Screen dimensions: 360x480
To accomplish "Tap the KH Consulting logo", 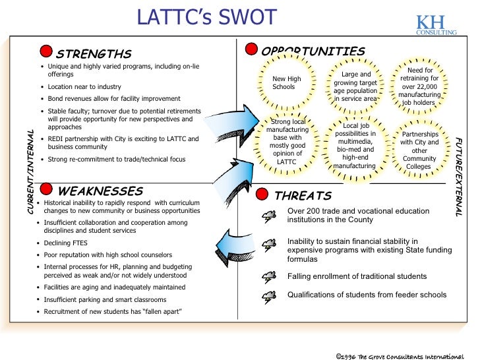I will pos(435,24).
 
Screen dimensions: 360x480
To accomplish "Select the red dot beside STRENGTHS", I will pos(46,52).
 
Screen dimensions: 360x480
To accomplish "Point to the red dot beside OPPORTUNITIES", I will pos(251,49).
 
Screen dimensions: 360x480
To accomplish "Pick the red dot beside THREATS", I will pos(262,195).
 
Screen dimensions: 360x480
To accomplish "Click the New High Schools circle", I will pos(287,83).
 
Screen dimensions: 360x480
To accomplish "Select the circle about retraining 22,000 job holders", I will pos(419,86).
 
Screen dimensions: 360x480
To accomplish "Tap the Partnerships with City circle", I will pos(419,150).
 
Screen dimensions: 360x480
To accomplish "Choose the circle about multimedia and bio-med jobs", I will pos(355,145).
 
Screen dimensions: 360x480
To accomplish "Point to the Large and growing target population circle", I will pos(355,86).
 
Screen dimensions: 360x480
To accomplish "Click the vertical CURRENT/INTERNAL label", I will pos(30,171).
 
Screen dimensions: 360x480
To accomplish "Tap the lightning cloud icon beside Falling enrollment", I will pos(269,276).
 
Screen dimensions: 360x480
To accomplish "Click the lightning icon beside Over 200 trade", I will pos(269,216).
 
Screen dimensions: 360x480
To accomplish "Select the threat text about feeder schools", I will pos(367,295).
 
